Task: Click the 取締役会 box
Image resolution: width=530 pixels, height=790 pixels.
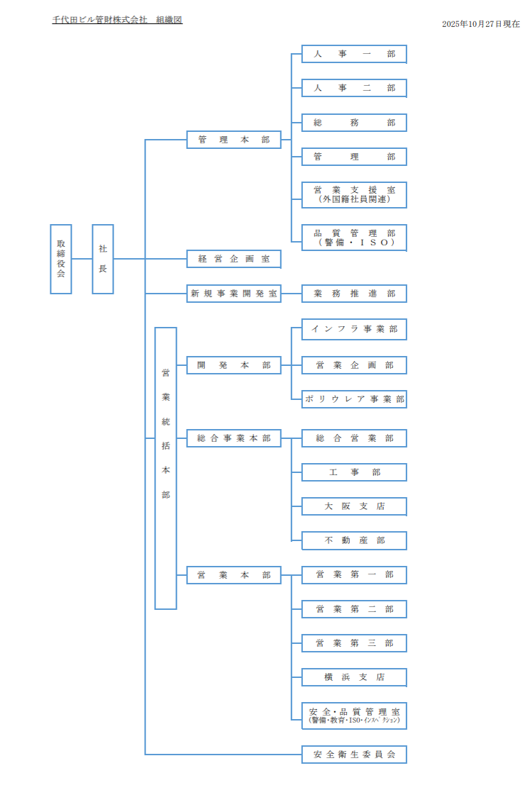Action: [x=61, y=259]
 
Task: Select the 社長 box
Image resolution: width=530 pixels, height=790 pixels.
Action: [x=103, y=259]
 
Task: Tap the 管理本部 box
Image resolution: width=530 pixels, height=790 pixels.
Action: [x=234, y=140]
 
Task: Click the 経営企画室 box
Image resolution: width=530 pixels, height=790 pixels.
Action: [x=234, y=259]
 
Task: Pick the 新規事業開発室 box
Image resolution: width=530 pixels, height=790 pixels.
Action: [x=234, y=293]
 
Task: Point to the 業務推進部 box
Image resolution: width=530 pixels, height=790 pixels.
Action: [x=354, y=293]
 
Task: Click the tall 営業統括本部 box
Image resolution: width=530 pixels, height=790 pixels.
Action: [x=165, y=468]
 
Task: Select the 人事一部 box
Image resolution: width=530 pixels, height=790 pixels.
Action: [x=354, y=54]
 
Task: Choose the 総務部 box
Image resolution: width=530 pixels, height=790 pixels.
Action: [x=354, y=123]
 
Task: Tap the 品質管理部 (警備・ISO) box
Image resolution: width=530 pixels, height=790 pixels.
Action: [x=354, y=237]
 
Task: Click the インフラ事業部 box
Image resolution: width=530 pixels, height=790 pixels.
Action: [x=354, y=330]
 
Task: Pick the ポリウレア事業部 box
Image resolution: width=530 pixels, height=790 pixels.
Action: [x=354, y=399]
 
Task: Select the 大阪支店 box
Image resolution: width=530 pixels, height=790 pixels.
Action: [x=354, y=506]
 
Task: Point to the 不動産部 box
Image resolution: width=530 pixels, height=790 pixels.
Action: [x=354, y=540]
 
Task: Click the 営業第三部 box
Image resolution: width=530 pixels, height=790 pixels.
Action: [x=354, y=643]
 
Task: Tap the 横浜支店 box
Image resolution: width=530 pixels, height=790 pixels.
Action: [x=354, y=677]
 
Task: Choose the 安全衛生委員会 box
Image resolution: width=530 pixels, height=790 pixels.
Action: [x=354, y=755]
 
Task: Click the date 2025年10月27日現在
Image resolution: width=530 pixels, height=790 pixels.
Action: [x=480, y=24]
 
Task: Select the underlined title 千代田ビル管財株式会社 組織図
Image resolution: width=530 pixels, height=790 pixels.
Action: [x=117, y=20]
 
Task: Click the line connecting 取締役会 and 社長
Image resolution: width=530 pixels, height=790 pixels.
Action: [x=82, y=259]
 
